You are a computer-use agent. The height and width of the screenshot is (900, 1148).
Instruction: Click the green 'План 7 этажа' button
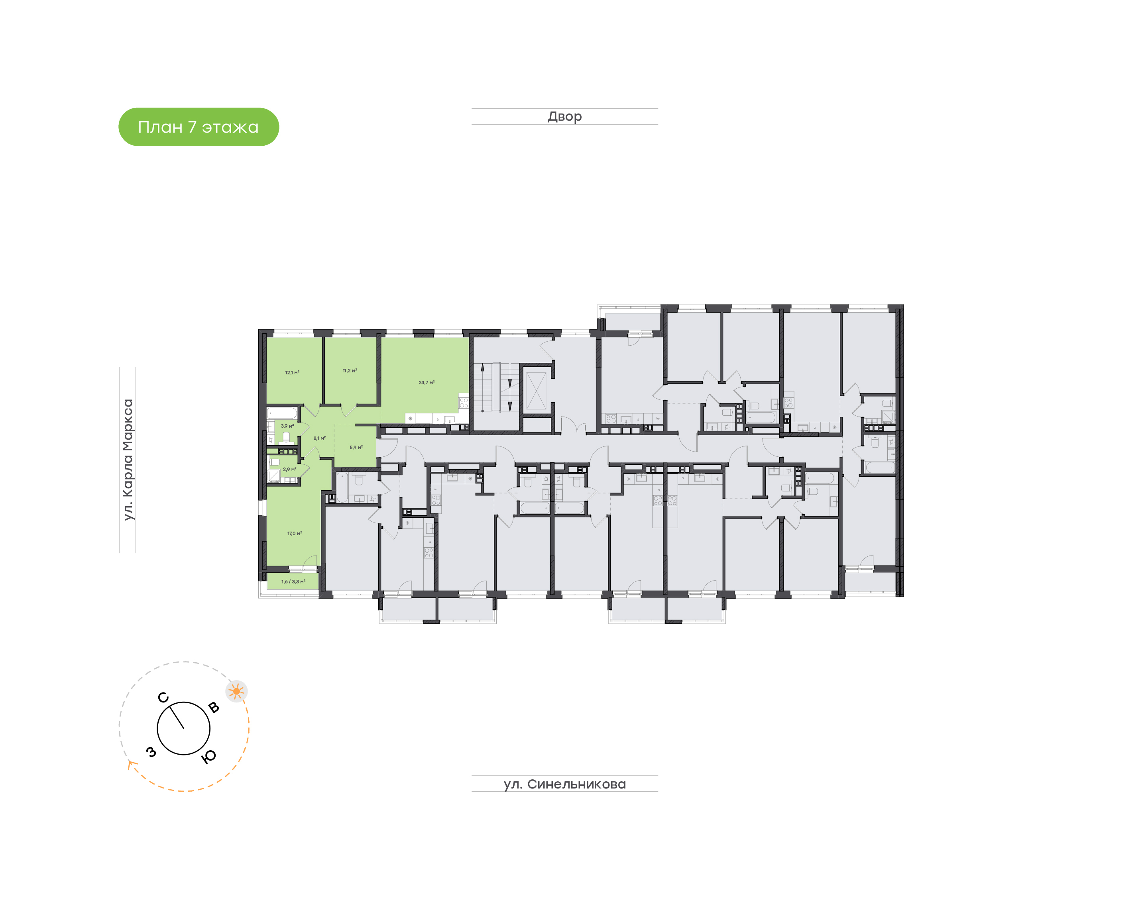coord(198,127)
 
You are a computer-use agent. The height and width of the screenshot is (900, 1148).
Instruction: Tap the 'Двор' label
coord(564,116)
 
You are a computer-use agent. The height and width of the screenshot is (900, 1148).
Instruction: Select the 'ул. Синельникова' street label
coord(564,784)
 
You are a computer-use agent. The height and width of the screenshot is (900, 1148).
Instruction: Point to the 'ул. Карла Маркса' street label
coord(128,460)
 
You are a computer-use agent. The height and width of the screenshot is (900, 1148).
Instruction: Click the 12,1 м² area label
coord(292,372)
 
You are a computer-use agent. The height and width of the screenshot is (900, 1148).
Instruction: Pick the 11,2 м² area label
coord(350,370)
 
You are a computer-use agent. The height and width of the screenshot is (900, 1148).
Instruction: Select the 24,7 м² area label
coord(426,383)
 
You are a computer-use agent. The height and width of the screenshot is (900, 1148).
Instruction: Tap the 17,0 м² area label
coord(294,533)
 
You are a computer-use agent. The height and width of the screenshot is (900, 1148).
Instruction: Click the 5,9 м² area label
coord(356,447)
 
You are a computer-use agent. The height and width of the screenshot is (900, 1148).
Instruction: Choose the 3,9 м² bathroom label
coord(287,426)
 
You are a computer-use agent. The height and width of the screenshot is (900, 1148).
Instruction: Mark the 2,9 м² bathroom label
coord(289,469)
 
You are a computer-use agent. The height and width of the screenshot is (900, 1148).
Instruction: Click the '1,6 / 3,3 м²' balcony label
coord(293,582)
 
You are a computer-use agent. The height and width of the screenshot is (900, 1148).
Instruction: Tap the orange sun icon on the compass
coord(236,691)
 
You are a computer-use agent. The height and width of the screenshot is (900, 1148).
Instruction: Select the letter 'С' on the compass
coord(163,698)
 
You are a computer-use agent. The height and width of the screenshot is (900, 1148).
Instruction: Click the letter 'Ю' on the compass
coord(209,757)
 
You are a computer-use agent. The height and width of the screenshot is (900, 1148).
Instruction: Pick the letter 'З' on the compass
coord(151,752)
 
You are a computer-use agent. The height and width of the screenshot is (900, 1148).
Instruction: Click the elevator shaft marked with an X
coord(536,390)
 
